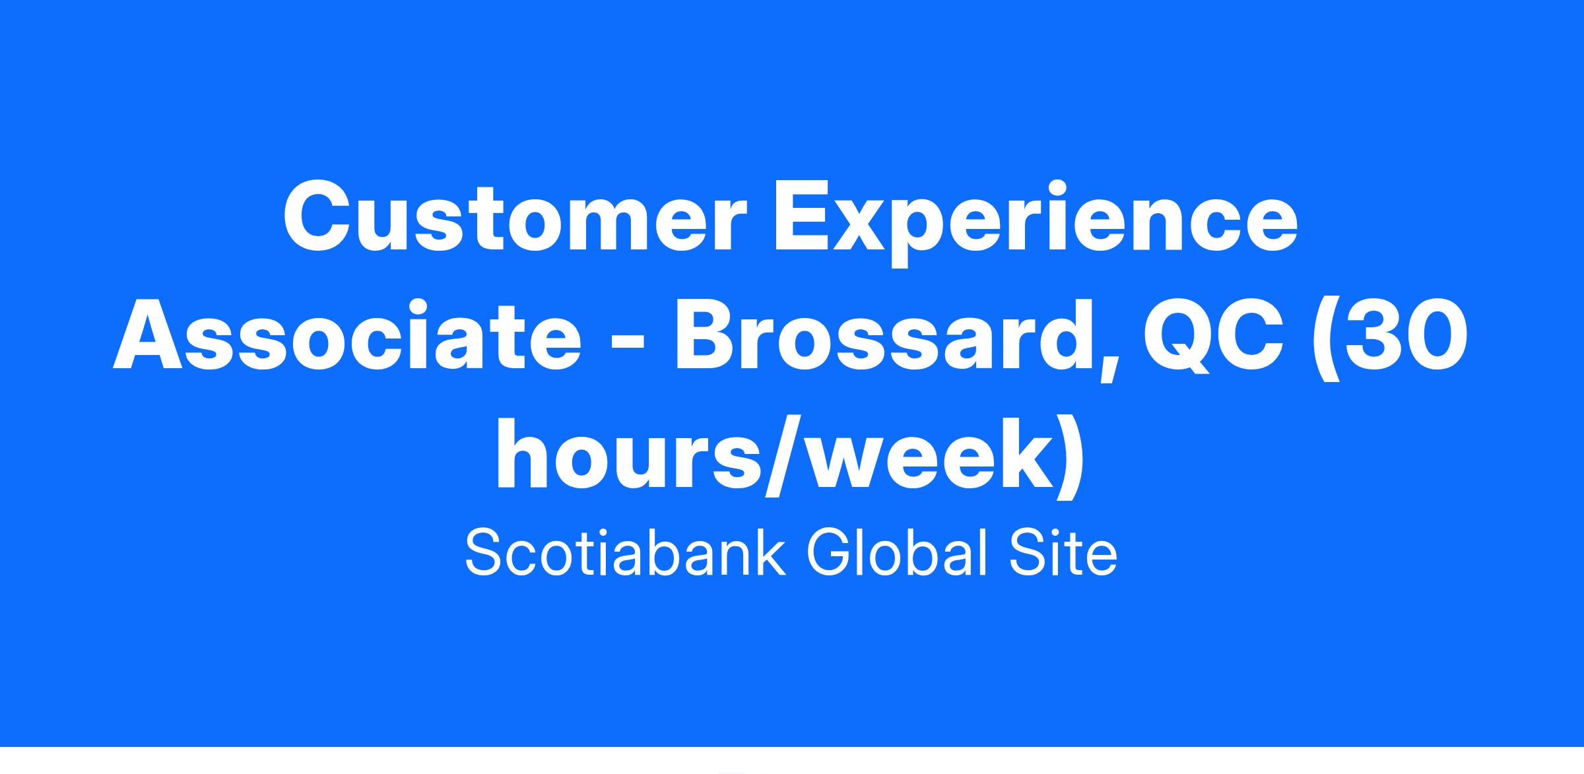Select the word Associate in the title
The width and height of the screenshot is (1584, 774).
(347, 336)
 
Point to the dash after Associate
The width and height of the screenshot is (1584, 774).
(628, 343)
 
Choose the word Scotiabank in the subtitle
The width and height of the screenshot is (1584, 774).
(625, 553)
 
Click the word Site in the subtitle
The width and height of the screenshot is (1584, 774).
(1063, 553)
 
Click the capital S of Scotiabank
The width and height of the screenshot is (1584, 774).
(485, 553)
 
